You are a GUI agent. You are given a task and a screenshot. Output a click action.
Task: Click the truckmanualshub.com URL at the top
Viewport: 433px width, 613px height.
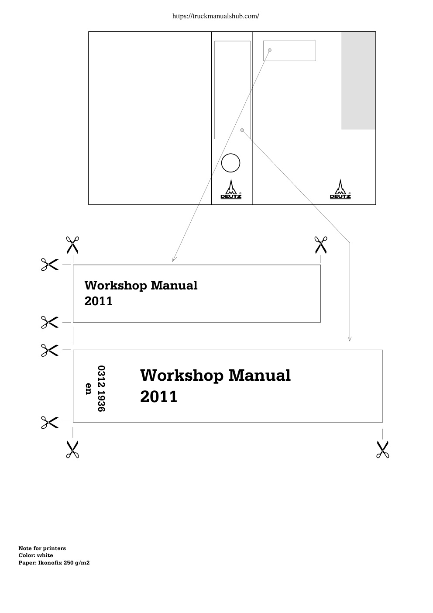click(x=216, y=16)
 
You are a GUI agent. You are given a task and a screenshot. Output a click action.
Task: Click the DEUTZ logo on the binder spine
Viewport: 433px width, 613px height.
click(x=231, y=189)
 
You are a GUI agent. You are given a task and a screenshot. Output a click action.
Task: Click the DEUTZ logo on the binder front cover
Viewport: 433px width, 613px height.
click(x=340, y=189)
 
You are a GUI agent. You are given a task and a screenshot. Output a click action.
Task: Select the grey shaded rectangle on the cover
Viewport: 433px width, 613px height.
click(x=358, y=81)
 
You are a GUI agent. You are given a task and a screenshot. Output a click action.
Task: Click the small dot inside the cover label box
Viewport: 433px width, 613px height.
click(x=270, y=50)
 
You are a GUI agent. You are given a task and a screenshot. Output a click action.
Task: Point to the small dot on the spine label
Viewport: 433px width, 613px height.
click(x=242, y=130)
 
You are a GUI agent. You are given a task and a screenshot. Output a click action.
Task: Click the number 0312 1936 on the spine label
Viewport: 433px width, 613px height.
click(x=101, y=388)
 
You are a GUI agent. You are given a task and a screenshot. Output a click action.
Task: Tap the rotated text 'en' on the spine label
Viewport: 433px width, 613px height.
click(x=88, y=389)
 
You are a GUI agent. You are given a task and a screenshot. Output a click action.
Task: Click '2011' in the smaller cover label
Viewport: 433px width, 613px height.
click(x=99, y=301)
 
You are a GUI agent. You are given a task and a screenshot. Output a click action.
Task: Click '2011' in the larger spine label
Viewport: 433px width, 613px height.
click(x=159, y=396)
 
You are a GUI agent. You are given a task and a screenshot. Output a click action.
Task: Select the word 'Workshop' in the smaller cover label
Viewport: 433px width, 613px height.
click(x=116, y=286)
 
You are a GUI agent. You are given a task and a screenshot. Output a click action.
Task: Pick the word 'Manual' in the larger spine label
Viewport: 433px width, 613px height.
click(x=260, y=375)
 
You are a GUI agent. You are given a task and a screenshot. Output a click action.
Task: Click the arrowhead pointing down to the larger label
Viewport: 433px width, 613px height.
click(x=350, y=339)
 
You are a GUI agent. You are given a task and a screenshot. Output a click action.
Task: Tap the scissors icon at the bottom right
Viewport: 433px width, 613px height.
click(x=382, y=449)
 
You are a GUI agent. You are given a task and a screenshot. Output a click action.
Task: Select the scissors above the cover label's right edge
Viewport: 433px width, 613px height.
click(x=321, y=245)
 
